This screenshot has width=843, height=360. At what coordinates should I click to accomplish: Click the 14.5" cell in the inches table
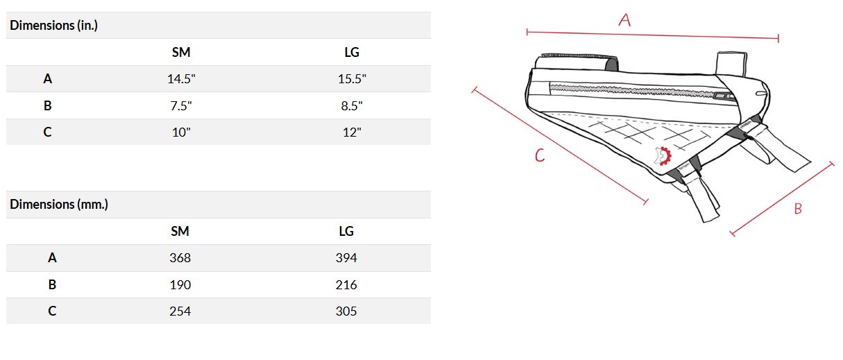tap(181, 79)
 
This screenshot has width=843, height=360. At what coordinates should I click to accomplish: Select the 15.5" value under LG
tap(352, 79)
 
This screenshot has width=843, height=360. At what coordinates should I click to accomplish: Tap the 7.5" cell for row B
tap(181, 105)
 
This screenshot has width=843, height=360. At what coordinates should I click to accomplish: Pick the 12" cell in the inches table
tap(352, 132)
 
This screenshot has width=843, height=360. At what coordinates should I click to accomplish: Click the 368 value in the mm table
tap(180, 258)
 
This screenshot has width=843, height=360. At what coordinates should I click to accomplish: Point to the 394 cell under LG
tap(346, 258)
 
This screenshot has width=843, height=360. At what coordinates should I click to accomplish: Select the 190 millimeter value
tap(180, 285)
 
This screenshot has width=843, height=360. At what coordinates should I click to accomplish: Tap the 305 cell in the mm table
tap(346, 311)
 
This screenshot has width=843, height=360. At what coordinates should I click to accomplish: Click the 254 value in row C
tap(180, 311)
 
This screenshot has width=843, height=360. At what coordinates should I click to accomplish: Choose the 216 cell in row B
tap(346, 285)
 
